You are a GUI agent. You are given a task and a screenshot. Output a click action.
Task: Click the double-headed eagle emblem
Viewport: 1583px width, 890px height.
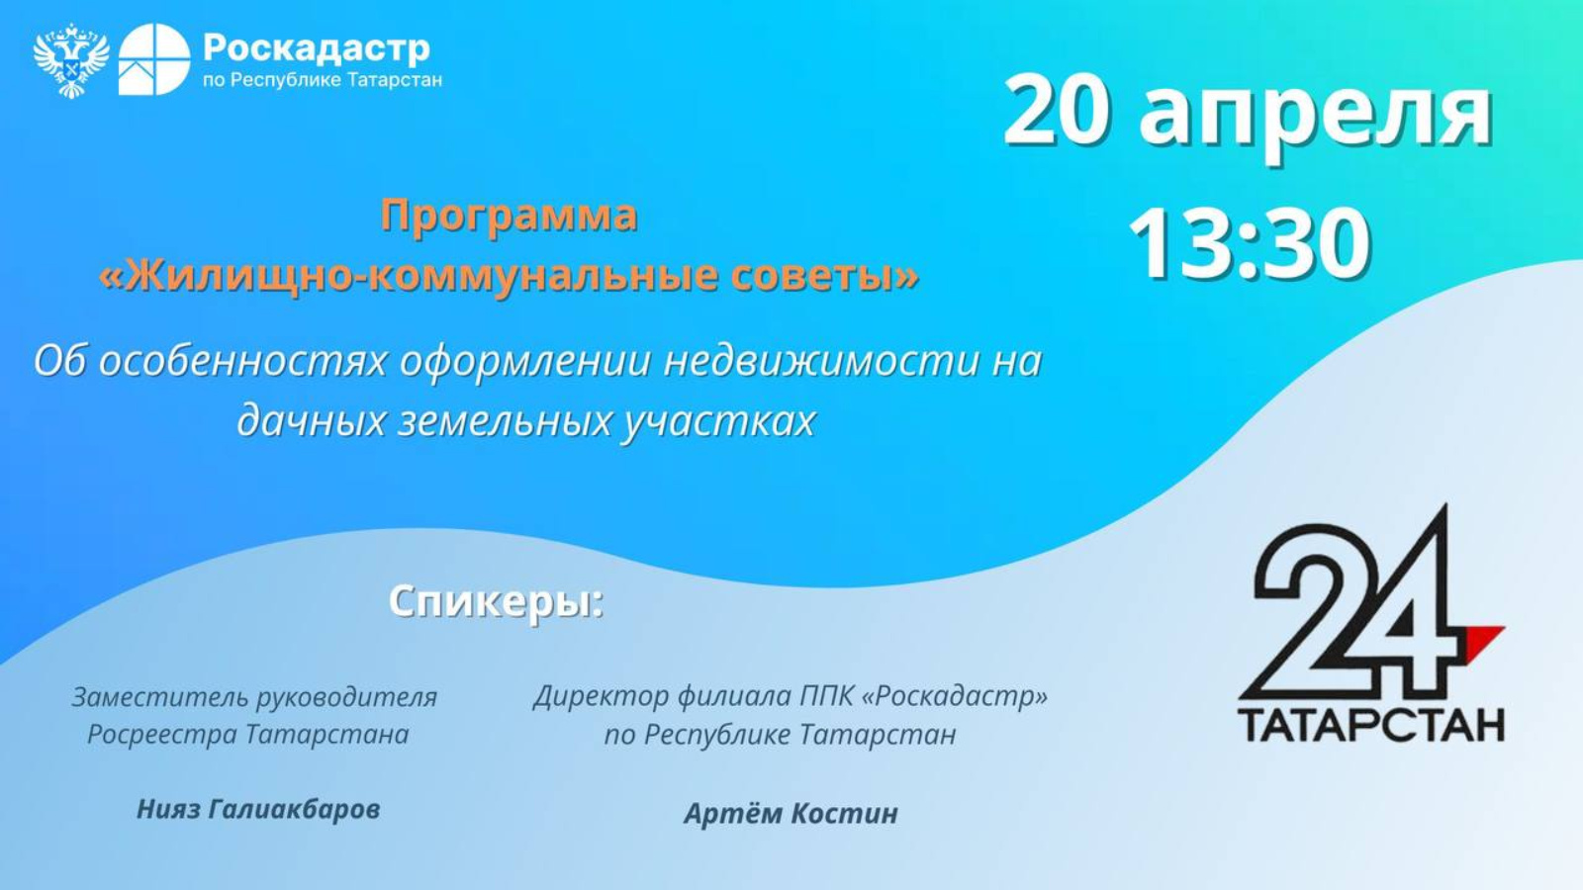click(70, 61)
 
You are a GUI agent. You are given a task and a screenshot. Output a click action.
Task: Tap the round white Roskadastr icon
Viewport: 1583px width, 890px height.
click(154, 59)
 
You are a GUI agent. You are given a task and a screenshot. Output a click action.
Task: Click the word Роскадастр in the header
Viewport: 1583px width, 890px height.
click(317, 46)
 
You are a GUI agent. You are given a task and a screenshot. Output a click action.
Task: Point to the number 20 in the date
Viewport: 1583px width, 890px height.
click(1057, 111)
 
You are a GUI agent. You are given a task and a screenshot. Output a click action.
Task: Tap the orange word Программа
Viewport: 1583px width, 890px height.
click(509, 216)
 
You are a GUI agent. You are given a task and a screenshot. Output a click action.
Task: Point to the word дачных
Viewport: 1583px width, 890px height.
click(311, 420)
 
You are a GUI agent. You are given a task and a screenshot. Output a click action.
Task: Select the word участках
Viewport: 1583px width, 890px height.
click(719, 420)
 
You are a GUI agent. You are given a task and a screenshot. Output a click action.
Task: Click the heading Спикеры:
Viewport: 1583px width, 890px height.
click(496, 600)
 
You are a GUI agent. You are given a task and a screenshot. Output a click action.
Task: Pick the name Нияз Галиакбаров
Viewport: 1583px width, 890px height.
click(258, 809)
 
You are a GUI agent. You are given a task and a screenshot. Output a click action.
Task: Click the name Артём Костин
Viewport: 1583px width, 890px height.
click(791, 813)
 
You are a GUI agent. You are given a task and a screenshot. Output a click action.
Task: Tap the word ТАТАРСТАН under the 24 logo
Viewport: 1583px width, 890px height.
click(1371, 724)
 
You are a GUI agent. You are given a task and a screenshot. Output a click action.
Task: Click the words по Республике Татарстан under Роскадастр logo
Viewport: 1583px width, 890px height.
click(323, 80)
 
